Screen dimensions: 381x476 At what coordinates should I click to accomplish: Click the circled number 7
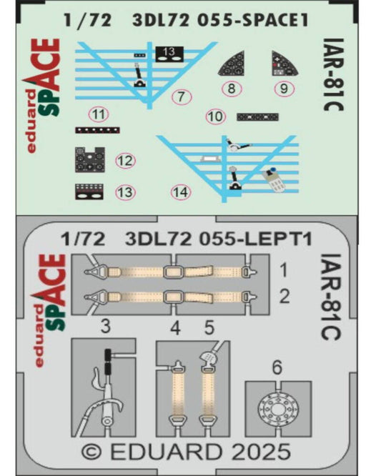(182, 96)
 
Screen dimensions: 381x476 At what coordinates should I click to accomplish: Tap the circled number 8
(232, 89)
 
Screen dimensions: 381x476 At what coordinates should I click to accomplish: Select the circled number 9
(284, 89)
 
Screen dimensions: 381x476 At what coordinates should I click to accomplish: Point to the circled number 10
(216, 116)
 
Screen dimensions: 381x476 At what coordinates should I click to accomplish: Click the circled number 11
(99, 115)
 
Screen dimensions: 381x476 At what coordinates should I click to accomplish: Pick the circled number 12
(125, 161)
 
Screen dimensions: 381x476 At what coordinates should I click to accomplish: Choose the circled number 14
(182, 192)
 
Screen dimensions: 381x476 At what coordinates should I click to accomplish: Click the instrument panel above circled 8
(232, 63)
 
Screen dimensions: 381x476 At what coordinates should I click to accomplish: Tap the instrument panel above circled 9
(284, 63)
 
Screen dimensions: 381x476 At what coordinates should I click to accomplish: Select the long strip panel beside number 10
(257, 117)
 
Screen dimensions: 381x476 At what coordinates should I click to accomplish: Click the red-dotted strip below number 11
(97, 130)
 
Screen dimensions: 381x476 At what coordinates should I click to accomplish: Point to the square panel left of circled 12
(90, 159)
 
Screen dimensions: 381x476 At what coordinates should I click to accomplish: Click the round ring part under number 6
(278, 410)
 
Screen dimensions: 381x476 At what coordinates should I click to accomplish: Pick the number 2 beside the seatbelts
(284, 297)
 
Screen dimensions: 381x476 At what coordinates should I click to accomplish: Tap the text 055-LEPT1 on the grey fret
(255, 239)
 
